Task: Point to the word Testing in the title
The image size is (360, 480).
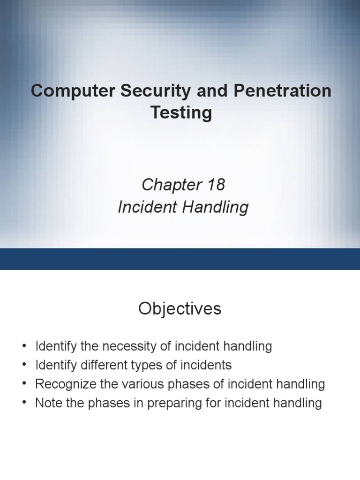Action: [180, 113]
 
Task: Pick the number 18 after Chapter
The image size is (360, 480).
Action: [214, 185]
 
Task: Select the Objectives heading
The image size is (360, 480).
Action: [180, 309]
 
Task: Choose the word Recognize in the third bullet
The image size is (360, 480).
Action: [63, 384]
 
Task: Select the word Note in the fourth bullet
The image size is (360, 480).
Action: [46, 403]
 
